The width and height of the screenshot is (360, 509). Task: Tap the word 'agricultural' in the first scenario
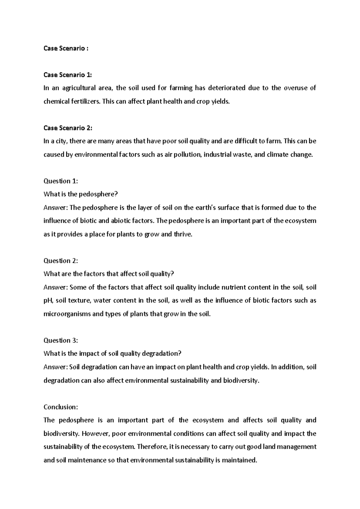tap(79, 88)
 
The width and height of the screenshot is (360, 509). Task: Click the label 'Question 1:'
tap(61, 181)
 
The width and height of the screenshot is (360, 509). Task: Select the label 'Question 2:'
tap(61, 261)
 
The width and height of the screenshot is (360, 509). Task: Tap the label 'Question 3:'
tap(61, 340)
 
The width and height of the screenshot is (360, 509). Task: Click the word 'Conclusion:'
tap(61, 407)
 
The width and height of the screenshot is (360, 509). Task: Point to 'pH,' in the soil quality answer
tap(49, 301)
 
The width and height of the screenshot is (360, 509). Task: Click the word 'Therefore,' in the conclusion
tap(152, 447)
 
